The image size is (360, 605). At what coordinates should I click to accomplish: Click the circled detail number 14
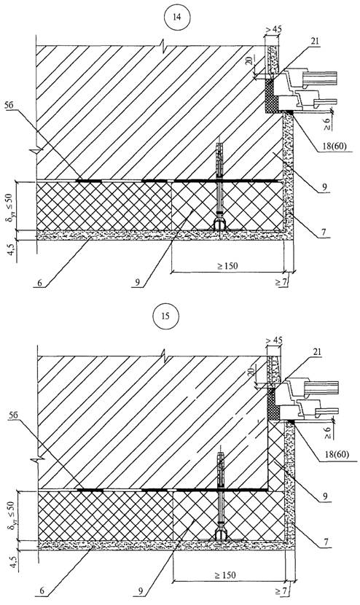(x=177, y=17)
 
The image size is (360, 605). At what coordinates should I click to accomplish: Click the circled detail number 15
(x=165, y=316)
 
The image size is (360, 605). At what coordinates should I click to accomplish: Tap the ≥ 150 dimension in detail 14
(x=227, y=266)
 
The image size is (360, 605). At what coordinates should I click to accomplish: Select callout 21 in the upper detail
(x=315, y=42)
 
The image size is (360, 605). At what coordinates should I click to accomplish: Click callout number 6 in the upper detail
(x=40, y=283)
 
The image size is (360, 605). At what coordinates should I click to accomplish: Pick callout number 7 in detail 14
(x=324, y=232)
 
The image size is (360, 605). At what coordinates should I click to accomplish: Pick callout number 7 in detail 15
(x=326, y=542)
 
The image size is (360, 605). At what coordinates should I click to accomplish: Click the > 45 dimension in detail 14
(x=273, y=29)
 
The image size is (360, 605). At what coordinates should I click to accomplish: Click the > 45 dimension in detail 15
(x=274, y=340)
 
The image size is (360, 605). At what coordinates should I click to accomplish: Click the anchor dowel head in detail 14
(x=219, y=225)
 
